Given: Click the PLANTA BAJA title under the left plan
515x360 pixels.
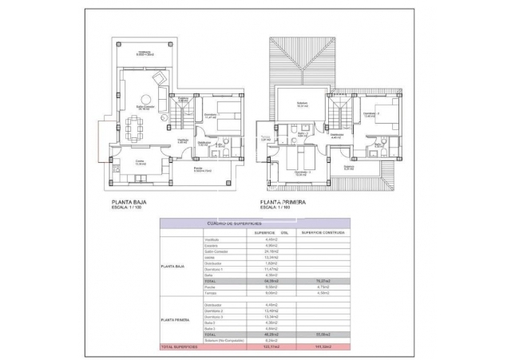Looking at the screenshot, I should [x=133, y=203].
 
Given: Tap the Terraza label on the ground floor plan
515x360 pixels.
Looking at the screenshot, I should [x=144, y=52].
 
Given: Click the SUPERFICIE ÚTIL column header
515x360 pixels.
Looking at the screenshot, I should [x=268, y=232].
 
